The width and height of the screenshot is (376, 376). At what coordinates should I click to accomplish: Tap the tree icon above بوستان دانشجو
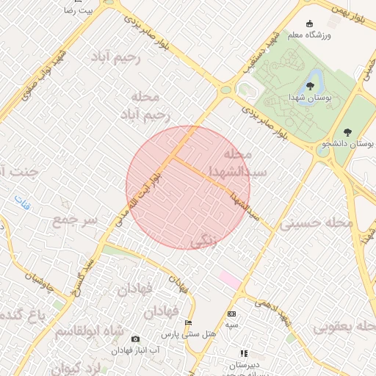(x=347, y=132)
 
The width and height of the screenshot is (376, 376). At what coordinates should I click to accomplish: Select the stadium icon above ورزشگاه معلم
(x=309, y=23)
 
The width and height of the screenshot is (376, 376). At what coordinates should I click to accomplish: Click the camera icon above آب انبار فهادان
(x=135, y=339)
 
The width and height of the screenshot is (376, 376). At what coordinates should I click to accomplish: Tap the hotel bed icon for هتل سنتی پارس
(x=189, y=323)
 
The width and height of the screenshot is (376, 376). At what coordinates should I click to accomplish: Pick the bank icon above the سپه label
(x=231, y=314)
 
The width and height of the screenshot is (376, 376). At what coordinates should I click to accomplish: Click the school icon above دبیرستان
(x=244, y=354)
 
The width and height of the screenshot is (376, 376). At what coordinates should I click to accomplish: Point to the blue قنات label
(x=23, y=202)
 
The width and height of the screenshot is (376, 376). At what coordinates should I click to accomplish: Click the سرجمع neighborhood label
(x=76, y=220)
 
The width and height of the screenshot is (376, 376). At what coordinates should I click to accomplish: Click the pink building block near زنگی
(x=230, y=280)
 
